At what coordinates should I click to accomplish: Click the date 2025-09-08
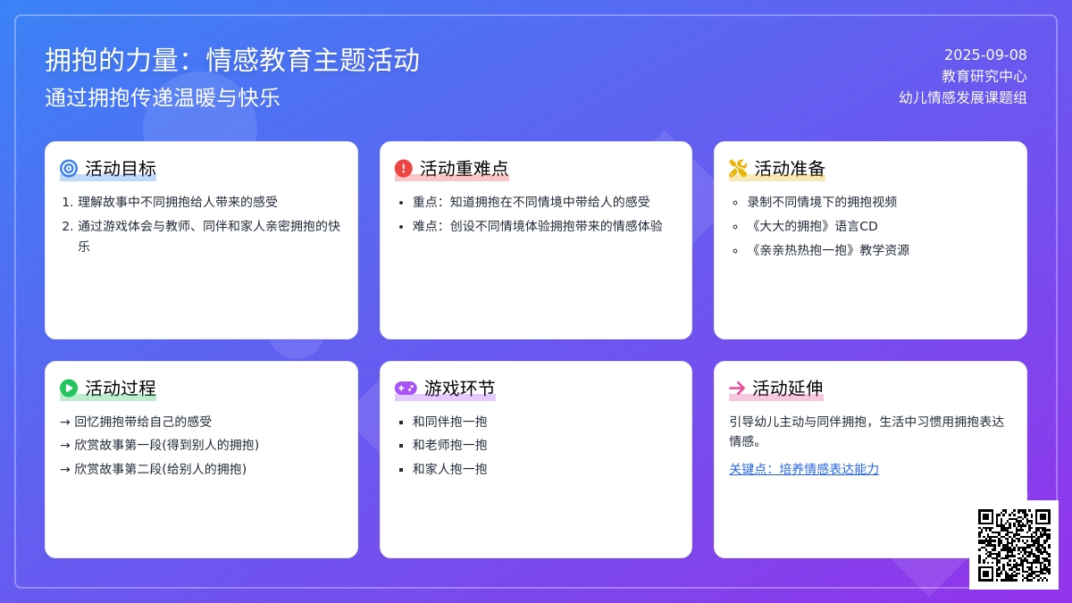point(985,54)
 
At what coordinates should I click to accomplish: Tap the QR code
point(1014,545)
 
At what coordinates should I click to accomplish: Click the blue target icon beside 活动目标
point(69,169)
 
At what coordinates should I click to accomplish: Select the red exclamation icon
point(404,169)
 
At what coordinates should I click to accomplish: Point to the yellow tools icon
point(738,169)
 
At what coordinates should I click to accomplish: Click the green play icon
point(69,388)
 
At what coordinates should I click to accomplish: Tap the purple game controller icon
point(406,388)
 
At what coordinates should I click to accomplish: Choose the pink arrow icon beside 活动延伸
point(737,388)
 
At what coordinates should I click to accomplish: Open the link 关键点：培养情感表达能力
point(804,469)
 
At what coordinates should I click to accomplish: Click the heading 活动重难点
point(465,169)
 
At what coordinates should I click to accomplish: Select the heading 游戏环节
point(459,388)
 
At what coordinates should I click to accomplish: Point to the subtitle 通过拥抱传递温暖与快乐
point(163,97)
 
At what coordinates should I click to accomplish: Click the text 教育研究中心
point(984,76)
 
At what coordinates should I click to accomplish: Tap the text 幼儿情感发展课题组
point(963,97)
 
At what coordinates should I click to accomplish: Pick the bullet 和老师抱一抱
point(450,445)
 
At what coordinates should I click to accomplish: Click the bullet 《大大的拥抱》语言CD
point(813,226)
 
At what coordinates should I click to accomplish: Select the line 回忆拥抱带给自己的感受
point(143,422)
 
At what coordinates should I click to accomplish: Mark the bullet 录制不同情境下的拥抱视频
point(822,202)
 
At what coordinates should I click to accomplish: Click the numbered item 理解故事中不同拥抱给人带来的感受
point(178,202)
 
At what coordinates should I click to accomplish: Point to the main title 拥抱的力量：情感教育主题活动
point(232,61)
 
